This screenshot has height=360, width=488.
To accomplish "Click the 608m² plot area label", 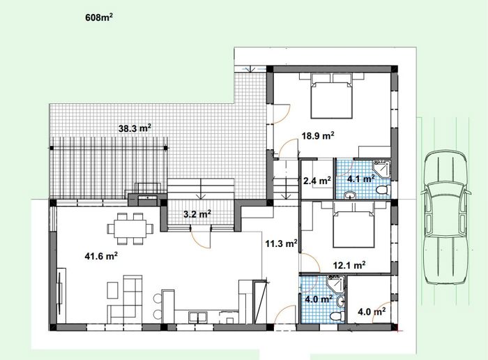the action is pyautogui.click(x=99, y=17).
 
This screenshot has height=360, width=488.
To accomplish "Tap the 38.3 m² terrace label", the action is pyautogui.click(x=135, y=128).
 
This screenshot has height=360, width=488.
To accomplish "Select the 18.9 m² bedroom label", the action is pyautogui.click(x=318, y=135).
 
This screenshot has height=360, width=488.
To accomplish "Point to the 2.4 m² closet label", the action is pyautogui.click(x=317, y=181).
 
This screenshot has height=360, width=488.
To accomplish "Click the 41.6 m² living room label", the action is pyautogui.click(x=101, y=256).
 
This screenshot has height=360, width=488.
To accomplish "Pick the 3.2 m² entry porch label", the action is pyautogui.click(x=197, y=214).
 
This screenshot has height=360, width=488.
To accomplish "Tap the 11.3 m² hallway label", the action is pyautogui.click(x=282, y=243).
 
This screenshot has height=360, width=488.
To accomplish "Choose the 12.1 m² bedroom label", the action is pyautogui.click(x=349, y=265).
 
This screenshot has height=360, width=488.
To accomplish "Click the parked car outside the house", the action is pyautogui.click(x=445, y=218).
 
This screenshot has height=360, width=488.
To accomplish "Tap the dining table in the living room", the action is pyautogui.click(x=130, y=229).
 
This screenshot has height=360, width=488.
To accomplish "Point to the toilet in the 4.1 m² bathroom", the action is pyautogui.click(x=383, y=189).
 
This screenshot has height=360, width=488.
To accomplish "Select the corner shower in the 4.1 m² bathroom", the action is pyautogui.click(x=381, y=169).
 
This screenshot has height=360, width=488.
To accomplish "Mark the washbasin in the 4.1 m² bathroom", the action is pyautogui.click(x=350, y=195).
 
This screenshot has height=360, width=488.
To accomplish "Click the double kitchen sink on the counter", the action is pyautogui.click(x=198, y=317).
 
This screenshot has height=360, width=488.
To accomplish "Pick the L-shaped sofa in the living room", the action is pyautogui.click(x=126, y=299).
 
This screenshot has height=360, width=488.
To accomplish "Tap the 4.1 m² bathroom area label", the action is pyautogui.click(x=361, y=179).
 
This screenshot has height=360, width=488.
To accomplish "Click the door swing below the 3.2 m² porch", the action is pyautogui.click(x=200, y=239).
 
